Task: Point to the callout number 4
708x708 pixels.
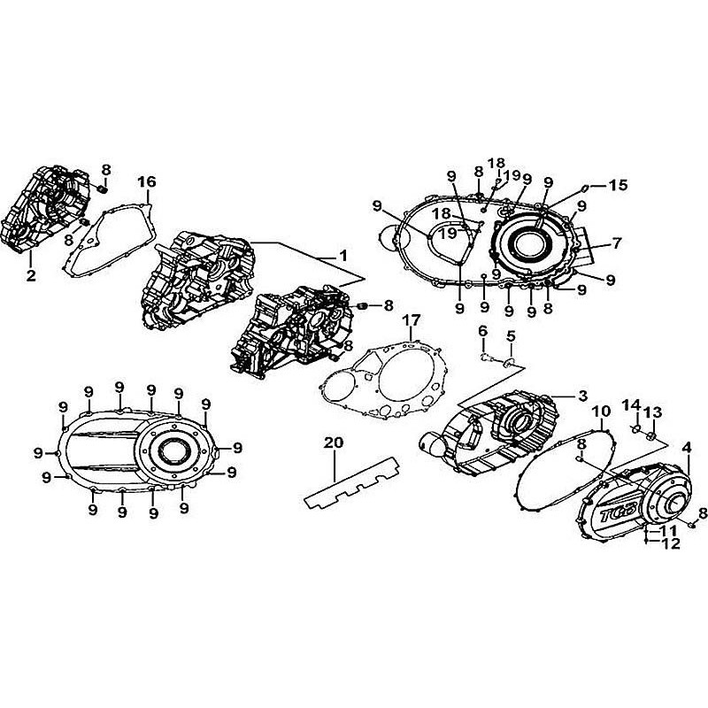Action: pos(686,448)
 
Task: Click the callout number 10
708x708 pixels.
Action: pos(601,412)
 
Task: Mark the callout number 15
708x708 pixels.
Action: pos(618,185)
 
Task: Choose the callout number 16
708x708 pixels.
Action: pos(146,181)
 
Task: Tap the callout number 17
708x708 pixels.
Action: pos(410,319)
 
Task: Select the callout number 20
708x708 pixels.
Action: pos(333,442)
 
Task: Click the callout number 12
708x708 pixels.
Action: pos(670,543)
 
